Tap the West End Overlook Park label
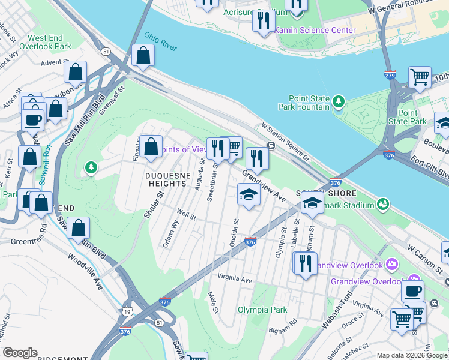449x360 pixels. (x=45, y=42)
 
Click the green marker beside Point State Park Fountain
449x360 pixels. (x=339, y=101)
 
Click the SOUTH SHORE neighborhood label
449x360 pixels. (x=318, y=193)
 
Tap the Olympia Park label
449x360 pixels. (x=262, y=310)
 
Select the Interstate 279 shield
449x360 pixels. (x=390, y=75)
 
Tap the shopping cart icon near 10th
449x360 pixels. (x=420, y=77)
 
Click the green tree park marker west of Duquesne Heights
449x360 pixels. (x=91, y=166)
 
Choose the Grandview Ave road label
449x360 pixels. (x=264, y=185)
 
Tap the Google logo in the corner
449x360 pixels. (x=20, y=353)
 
